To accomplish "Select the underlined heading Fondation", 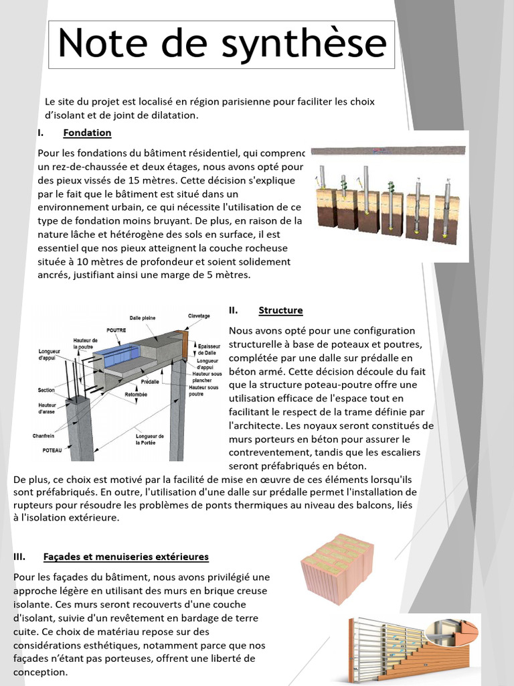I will click(87, 133).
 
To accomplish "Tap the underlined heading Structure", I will click(280, 310).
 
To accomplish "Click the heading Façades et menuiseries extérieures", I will click(126, 557).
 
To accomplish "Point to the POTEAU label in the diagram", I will click(52, 451).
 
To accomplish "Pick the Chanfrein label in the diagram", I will click(44, 435).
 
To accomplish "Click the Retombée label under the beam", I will click(137, 395).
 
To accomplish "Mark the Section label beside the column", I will click(47, 390).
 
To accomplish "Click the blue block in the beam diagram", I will click(114, 356).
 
